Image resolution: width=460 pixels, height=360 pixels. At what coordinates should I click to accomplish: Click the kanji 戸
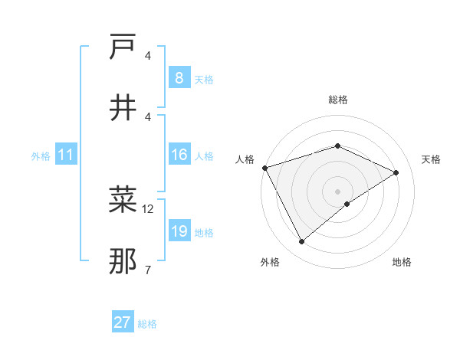[x=123, y=47]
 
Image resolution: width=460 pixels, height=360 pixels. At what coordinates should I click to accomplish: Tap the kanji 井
[x=123, y=108]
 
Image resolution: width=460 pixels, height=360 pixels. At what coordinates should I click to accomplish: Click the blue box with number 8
[x=179, y=78]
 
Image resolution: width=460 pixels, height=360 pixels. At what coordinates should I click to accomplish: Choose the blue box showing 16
[x=179, y=155]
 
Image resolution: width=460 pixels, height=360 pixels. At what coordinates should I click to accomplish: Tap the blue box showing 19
[x=179, y=231]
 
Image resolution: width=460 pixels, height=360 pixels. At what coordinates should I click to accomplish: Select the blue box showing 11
[x=66, y=155]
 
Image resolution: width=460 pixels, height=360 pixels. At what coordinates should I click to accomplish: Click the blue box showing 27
[x=123, y=322]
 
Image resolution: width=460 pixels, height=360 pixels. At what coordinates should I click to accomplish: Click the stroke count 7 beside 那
[x=147, y=270]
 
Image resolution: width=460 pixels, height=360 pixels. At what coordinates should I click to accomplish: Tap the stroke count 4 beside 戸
[x=147, y=55]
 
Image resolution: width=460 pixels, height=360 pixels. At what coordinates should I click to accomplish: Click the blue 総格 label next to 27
[x=147, y=324]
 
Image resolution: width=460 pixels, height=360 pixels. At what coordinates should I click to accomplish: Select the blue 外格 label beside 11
[x=41, y=156]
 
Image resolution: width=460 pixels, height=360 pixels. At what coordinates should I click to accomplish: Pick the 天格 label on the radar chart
[x=431, y=159]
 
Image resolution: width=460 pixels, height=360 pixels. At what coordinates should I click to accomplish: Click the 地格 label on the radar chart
[x=402, y=262]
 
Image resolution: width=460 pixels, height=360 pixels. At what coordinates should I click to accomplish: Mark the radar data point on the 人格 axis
[x=264, y=168]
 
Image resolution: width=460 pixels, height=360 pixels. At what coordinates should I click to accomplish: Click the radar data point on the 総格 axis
[x=337, y=146]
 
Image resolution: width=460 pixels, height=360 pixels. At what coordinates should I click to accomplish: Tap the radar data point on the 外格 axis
[x=301, y=242]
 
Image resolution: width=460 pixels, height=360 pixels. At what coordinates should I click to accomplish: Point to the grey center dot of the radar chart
[x=337, y=191]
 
